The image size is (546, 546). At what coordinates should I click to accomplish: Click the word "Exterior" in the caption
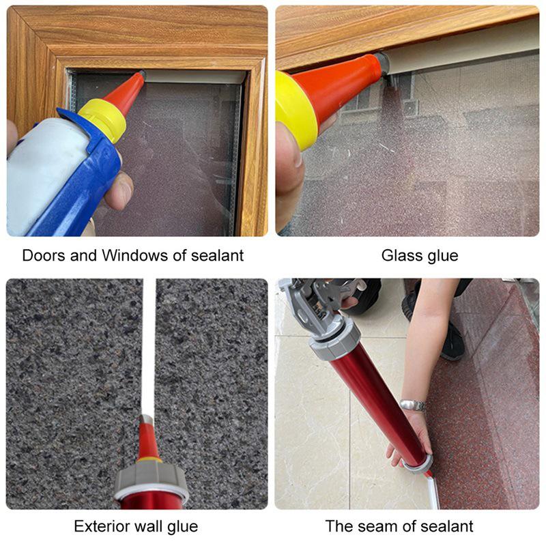tap(100, 526)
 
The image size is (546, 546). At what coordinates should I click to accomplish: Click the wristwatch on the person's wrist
tap(412, 405)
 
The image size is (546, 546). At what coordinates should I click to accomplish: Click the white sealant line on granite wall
tap(148, 341)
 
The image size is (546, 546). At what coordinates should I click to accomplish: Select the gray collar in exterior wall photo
tap(151, 478)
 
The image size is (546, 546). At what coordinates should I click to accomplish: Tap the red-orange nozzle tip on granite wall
tap(147, 437)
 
